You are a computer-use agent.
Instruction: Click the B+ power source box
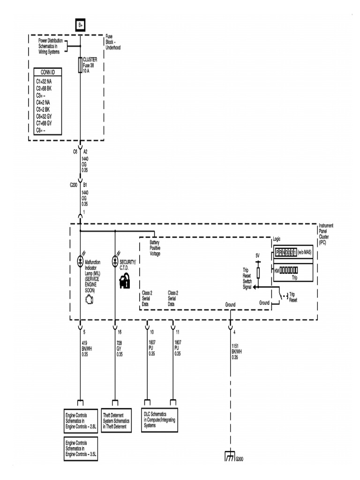pyautogui.click(x=80, y=25)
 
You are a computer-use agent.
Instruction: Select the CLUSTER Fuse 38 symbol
pyautogui.click(x=80, y=65)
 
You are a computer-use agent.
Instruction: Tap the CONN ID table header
pyautogui.click(x=47, y=73)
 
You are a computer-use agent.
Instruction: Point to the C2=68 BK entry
pyautogui.click(x=44, y=88)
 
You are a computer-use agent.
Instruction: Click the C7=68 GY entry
pyautogui.click(x=44, y=123)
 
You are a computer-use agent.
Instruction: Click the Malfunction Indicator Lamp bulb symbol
pyautogui.click(x=80, y=261)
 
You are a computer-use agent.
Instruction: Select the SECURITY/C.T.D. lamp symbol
pyautogui.click(x=115, y=261)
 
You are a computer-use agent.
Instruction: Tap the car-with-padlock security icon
pyautogui.click(x=124, y=282)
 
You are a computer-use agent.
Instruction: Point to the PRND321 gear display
pyautogui.click(x=286, y=253)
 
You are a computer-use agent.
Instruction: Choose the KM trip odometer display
pyautogui.click(x=286, y=270)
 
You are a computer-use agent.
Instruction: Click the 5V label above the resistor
pyautogui.click(x=257, y=255)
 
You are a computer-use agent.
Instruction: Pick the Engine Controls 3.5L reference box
pyautogui.click(x=81, y=449)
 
